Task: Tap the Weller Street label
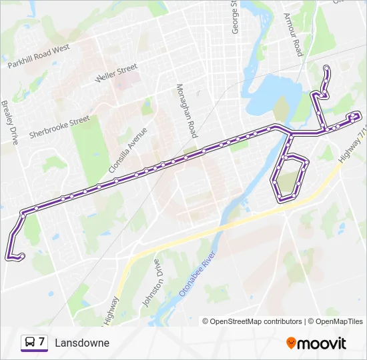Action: (116, 73)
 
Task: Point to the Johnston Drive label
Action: (151, 283)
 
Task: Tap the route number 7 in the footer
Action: (41, 343)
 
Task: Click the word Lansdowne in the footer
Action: (82, 343)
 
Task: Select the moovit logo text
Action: (322, 343)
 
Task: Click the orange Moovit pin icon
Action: (291, 343)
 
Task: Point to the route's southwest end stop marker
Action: (22, 255)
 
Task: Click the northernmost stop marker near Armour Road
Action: (326, 68)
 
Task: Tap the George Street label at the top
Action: (234, 17)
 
